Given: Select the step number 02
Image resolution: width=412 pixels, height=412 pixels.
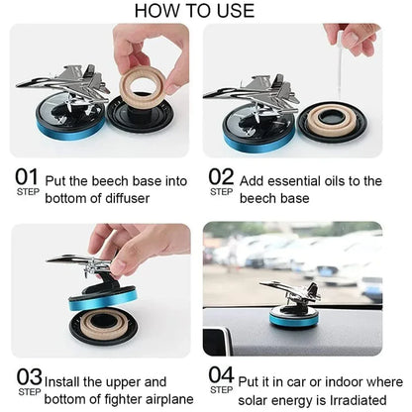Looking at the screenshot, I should coord(222,177).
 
